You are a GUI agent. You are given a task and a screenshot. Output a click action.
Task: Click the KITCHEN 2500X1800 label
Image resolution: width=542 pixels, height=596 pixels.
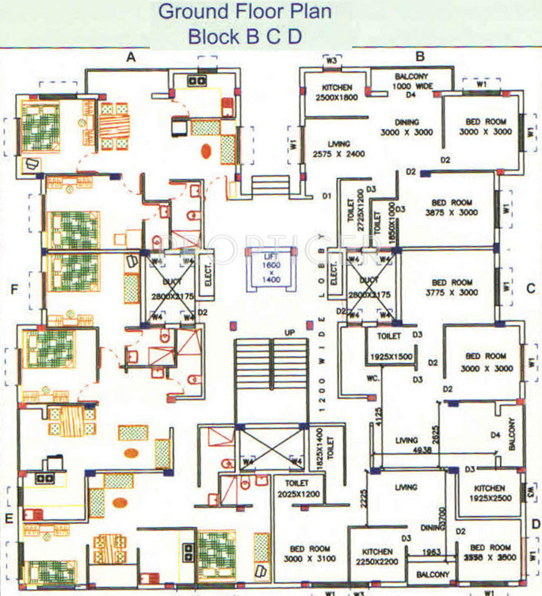pyautogui.click(x=337, y=93)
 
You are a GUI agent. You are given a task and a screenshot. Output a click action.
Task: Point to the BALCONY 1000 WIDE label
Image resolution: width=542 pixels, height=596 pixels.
pyautogui.click(x=412, y=80)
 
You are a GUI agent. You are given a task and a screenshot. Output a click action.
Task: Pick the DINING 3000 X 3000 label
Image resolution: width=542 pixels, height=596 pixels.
pyautogui.click(x=406, y=127)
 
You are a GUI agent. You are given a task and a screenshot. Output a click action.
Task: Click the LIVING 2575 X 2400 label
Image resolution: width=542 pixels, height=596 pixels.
pyautogui.click(x=339, y=149)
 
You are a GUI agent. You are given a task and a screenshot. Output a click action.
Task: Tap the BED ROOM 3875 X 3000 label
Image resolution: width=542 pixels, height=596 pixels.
pyautogui.click(x=451, y=208)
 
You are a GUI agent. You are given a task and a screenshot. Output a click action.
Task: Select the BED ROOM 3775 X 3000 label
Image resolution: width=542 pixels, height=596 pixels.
pyautogui.click(x=451, y=287)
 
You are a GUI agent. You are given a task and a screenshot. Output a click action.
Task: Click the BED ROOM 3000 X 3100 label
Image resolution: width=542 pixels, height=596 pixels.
pyautogui.click(x=310, y=553)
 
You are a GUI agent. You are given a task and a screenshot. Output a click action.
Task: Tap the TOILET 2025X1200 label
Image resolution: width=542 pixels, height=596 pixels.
pyautogui.click(x=297, y=488)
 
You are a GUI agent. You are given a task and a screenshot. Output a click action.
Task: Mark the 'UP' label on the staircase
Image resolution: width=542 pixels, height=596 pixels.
pyautogui.click(x=289, y=332)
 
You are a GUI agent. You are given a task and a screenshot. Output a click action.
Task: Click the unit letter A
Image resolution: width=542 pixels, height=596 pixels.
pyautogui.click(x=131, y=57)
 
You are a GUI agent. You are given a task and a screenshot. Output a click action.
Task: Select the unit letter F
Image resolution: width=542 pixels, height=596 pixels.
pyautogui.click(x=13, y=290)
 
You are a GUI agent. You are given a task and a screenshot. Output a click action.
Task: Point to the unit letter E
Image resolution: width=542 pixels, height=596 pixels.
pyautogui.click(x=9, y=518)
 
